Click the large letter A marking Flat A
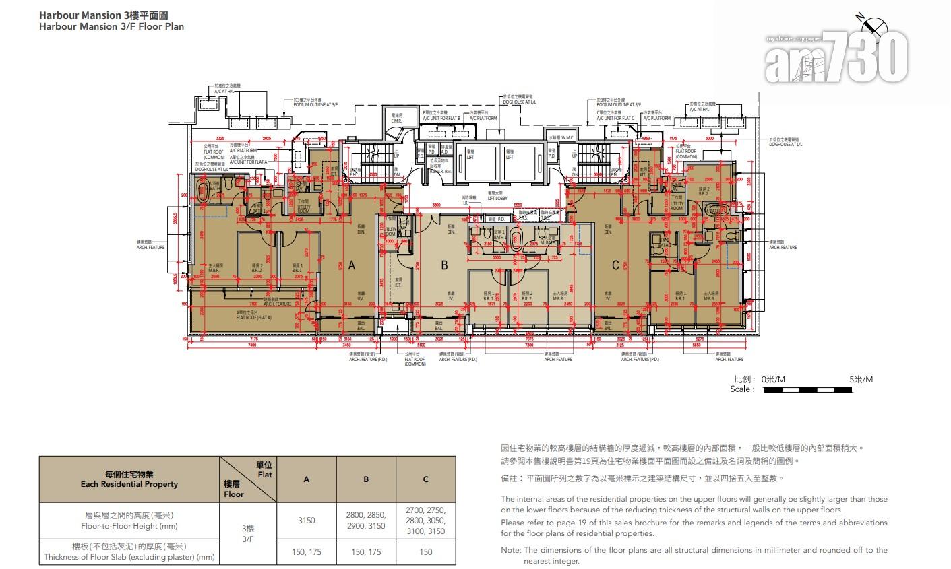pos(352,266)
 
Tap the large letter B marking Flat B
pos(444,266)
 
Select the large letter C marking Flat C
pos(615,266)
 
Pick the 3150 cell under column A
pos(307,520)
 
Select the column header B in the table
pos(366,479)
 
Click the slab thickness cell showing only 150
pos(425,552)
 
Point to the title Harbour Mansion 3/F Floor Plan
pos(111,26)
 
